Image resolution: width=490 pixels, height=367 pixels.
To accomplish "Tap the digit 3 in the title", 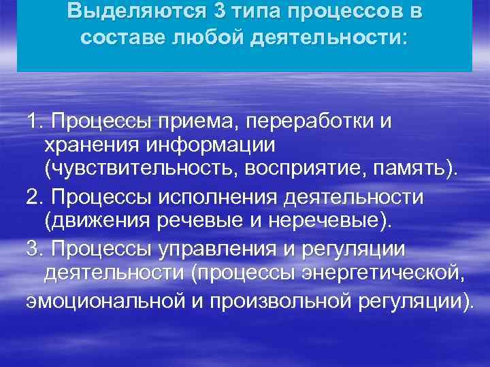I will click(198, 12).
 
